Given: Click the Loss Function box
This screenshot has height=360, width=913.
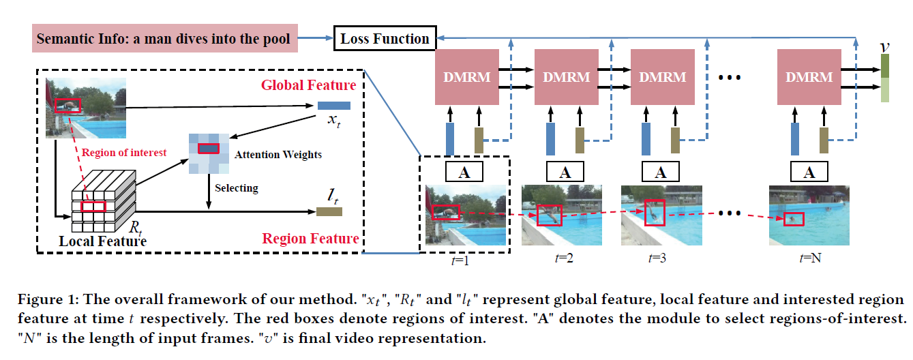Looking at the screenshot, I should click(385, 38).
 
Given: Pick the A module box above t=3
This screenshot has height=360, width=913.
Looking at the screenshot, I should click(660, 171).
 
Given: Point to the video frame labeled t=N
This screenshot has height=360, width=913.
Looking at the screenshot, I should click(808, 215).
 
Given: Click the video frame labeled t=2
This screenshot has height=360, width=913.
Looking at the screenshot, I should click(562, 215).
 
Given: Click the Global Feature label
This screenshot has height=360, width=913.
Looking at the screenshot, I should click(308, 85).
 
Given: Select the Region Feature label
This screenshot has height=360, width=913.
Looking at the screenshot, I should click(310, 238).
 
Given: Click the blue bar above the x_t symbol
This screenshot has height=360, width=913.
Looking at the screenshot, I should click(333, 106).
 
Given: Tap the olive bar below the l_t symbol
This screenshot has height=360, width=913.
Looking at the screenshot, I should click(329, 212).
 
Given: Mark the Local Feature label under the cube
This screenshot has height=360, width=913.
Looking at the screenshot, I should click(103, 241).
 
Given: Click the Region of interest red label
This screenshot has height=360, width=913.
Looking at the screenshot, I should click(124, 153).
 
